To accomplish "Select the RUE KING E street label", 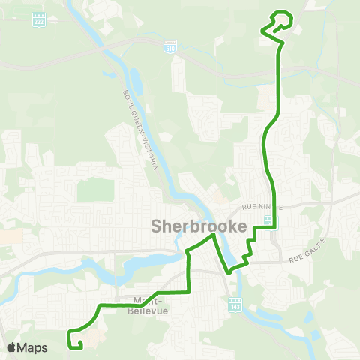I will [262, 206].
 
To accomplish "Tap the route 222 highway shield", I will [38, 21].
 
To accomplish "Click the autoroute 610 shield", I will [170, 46].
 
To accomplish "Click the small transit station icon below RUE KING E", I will [268, 218].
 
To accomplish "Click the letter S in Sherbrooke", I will [157, 226].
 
